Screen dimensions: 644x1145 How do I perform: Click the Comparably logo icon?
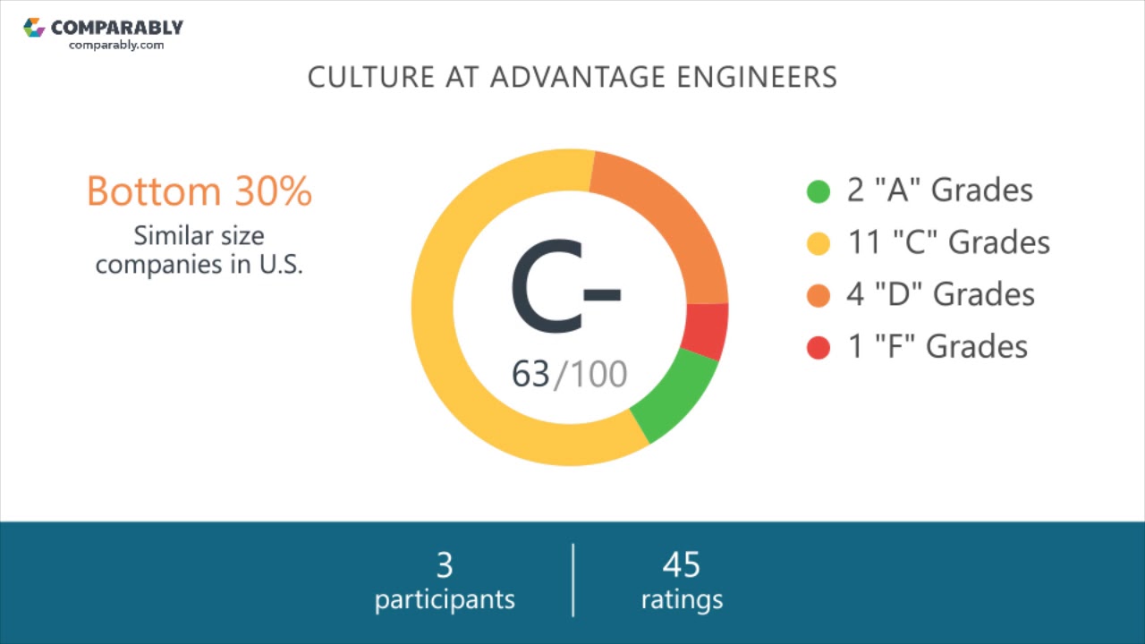point(34,28)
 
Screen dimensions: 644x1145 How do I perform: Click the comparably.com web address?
point(116,45)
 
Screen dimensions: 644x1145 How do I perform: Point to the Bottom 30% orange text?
point(199,191)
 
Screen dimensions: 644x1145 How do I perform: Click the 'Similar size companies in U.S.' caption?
point(199,250)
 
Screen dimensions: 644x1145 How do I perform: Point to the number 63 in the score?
point(530,374)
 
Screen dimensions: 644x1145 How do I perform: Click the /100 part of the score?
point(591,374)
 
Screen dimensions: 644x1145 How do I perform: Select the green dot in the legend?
point(818,191)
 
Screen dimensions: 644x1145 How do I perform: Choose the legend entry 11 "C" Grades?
point(948,242)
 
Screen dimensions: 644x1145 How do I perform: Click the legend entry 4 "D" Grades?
point(940,294)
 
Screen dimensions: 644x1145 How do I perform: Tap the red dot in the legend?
point(818,347)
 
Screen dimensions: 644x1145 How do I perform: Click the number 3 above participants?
point(445,565)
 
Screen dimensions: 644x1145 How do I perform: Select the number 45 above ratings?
point(682,565)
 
